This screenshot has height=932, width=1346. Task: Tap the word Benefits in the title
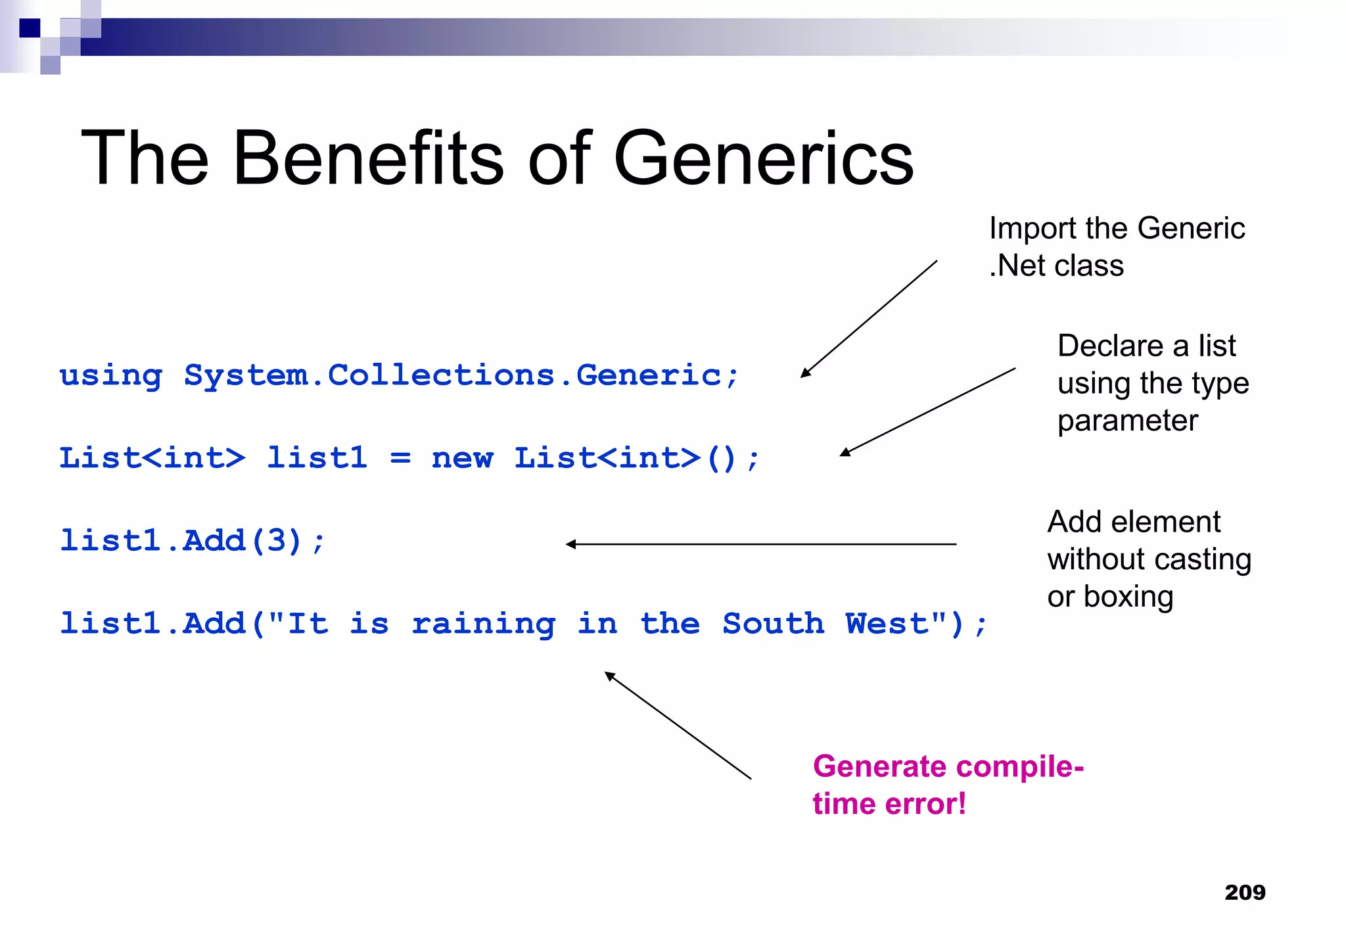[x=368, y=158]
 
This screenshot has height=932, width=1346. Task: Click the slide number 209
[x=1245, y=892]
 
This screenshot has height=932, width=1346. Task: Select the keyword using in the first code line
[x=110, y=377]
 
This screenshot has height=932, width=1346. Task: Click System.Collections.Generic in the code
[x=452, y=376]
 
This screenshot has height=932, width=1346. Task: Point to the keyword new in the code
[x=461, y=458]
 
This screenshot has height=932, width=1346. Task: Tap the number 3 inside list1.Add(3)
[x=275, y=541]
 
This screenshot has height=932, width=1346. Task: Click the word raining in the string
[x=483, y=624]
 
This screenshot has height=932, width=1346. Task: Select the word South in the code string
[x=773, y=624]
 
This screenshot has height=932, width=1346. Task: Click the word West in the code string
[x=887, y=624]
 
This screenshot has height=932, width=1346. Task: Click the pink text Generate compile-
[x=948, y=766]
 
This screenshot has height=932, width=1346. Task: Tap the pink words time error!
[x=889, y=804]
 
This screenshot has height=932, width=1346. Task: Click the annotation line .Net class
[x=1056, y=266]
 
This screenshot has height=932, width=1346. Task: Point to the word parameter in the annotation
[x=1127, y=421]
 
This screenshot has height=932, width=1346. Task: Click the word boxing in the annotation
[x=1128, y=597]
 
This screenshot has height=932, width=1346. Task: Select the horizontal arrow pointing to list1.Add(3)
[x=760, y=544]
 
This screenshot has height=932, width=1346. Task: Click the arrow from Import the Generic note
[x=869, y=319]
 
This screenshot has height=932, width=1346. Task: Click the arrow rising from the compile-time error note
[x=678, y=726]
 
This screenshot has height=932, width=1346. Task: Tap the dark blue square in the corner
[x=30, y=28]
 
